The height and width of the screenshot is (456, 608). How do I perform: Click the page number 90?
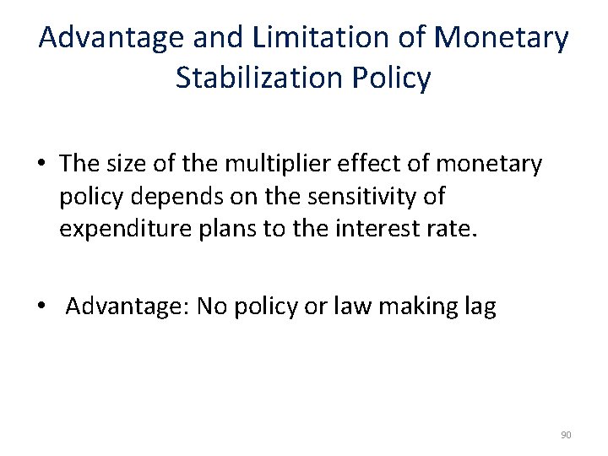click(x=566, y=435)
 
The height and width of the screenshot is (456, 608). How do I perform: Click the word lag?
click(x=479, y=306)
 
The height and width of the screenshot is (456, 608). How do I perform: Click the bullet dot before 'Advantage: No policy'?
click(x=41, y=307)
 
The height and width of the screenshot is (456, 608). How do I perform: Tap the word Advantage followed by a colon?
click(x=127, y=306)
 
